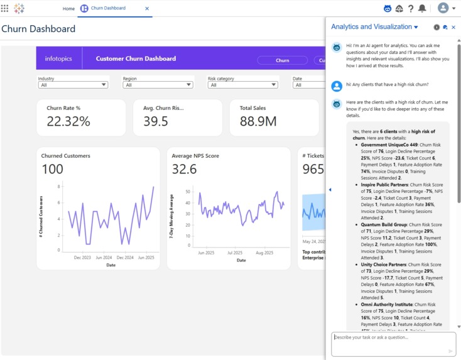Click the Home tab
[x=68, y=9]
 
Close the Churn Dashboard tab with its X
[x=147, y=9]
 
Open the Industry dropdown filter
[x=73, y=85]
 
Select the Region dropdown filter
[x=157, y=85]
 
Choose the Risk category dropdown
[x=242, y=85]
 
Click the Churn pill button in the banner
[x=283, y=60]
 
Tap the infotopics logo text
[x=58, y=59]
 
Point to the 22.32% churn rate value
[x=68, y=121]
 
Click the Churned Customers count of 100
[x=53, y=169]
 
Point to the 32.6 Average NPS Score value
[x=184, y=169]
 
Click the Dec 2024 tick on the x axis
[x=125, y=258]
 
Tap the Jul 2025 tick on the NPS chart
[x=235, y=253]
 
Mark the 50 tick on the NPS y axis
[x=188, y=192]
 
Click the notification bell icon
[x=422, y=9]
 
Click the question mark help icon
[x=411, y=9]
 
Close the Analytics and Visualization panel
[x=453, y=28]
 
